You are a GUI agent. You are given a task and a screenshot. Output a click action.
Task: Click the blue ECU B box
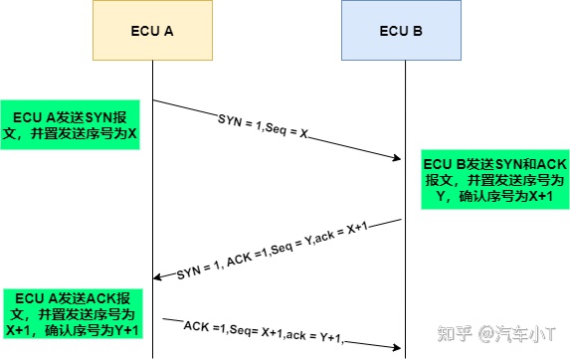coord(401,31)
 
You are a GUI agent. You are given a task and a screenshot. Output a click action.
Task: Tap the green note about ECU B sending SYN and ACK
coord(494,180)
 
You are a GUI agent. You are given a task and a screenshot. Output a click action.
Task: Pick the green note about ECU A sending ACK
coord(71,313)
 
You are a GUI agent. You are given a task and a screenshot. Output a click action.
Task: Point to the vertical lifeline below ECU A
coord(153,199)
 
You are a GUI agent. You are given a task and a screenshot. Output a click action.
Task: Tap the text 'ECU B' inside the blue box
coord(401,31)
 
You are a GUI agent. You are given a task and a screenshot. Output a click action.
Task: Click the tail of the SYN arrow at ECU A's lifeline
coord(154,99)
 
